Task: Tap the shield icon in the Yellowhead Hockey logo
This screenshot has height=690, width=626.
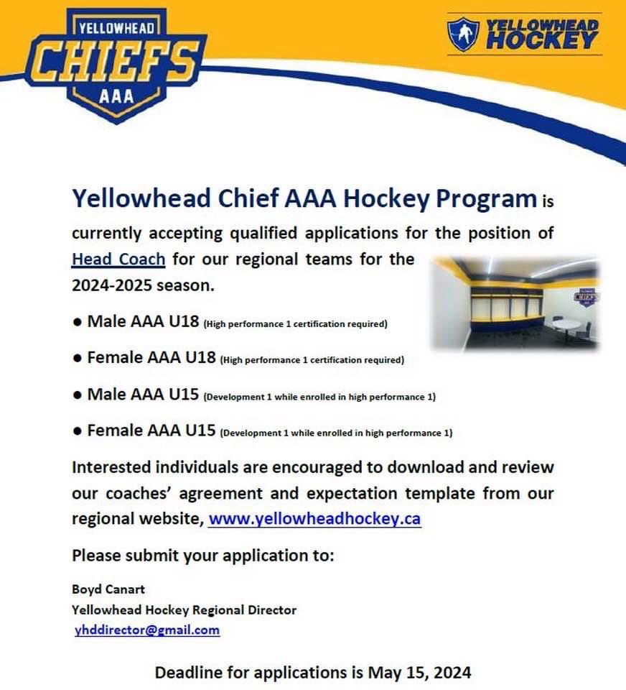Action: click(x=463, y=34)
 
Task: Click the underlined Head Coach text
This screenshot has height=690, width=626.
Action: click(x=118, y=259)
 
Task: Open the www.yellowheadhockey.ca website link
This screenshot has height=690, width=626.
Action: click(x=314, y=519)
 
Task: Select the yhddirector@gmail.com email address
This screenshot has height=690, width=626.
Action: click(x=147, y=630)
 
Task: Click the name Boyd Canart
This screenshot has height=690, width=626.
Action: click(x=108, y=589)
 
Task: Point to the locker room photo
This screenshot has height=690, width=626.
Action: click(x=515, y=302)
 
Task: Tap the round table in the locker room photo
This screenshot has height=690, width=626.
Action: click(x=568, y=323)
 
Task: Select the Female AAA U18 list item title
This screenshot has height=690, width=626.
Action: click(x=151, y=357)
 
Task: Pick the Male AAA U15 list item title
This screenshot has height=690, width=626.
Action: click(x=143, y=394)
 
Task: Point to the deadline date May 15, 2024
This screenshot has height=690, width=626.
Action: click(x=420, y=673)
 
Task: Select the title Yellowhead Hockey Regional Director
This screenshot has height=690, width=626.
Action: click(x=184, y=610)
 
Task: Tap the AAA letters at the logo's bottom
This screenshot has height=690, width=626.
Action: click(x=113, y=95)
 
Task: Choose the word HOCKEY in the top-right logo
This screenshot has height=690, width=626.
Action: click(x=542, y=40)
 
